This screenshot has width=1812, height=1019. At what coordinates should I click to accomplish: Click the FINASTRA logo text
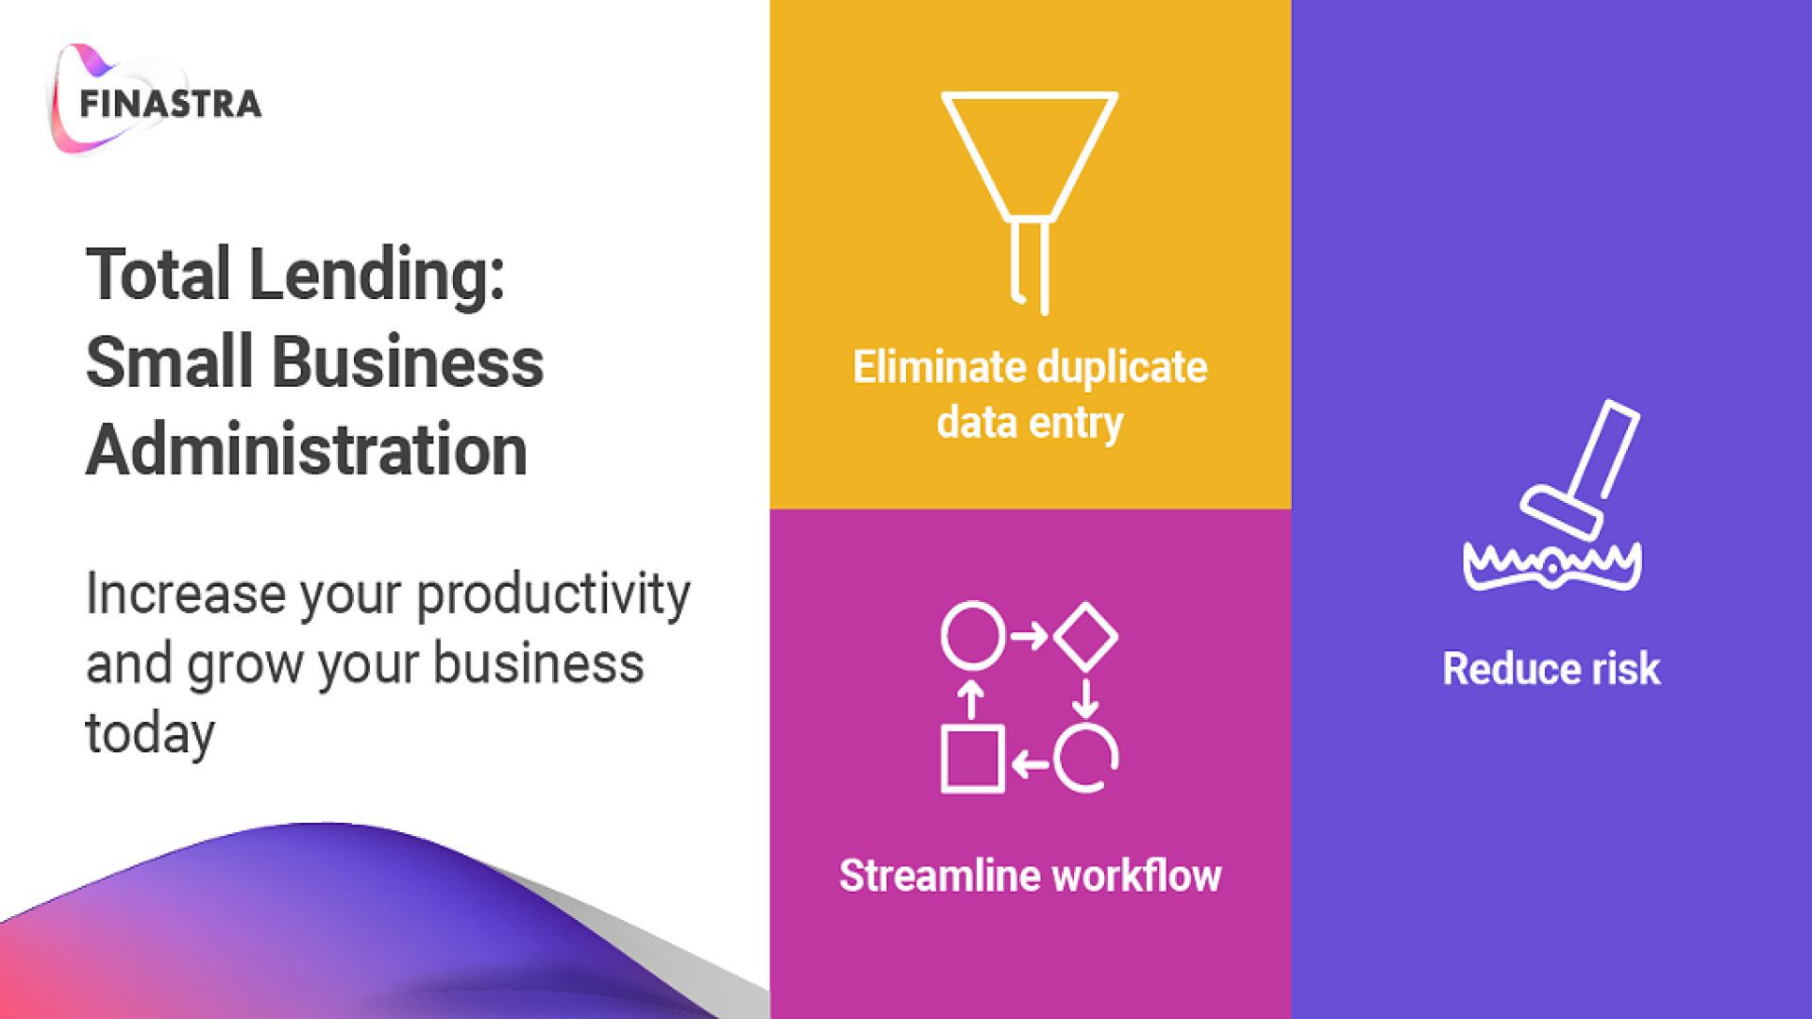point(170,104)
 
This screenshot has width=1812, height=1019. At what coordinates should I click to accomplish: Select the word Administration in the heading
point(307,449)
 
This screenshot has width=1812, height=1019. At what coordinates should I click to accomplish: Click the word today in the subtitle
point(150,735)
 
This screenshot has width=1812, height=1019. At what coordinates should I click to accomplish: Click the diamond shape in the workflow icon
point(1085,636)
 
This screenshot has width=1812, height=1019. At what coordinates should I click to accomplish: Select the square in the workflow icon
point(972,760)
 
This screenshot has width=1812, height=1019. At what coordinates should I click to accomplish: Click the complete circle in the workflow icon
point(972,635)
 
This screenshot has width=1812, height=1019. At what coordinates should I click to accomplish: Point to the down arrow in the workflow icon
point(1085,698)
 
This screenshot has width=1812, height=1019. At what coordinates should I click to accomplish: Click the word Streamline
point(940,876)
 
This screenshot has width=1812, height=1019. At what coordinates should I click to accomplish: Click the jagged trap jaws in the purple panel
point(1552,566)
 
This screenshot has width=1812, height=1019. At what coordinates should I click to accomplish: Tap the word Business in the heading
point(408,361)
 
